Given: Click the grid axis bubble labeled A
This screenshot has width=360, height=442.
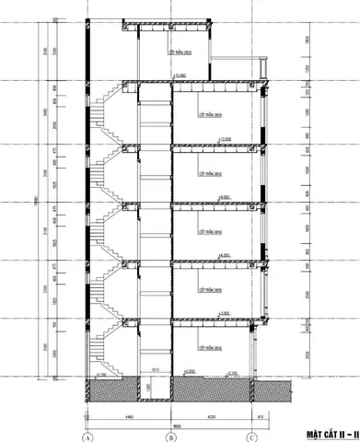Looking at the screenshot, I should (87, 436).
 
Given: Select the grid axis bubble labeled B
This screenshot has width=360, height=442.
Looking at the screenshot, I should (168, 436).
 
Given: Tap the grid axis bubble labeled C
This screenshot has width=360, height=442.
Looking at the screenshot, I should (250, 436).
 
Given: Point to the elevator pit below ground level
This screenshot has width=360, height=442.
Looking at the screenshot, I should (156, 390).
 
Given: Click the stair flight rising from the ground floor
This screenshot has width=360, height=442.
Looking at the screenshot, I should (108, 350).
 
